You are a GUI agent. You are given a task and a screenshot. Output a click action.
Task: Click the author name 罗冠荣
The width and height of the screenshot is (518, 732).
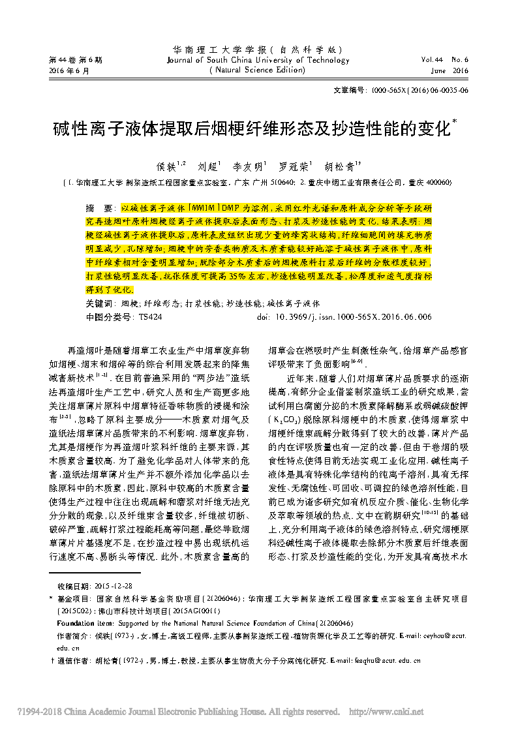pyautogui.click(x=293, y=167)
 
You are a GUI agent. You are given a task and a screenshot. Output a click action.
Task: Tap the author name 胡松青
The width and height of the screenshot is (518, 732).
pyautogui.click(x=337, y=167)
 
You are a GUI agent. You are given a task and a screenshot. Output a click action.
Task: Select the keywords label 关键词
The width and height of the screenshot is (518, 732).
pyautogui.click(x=99, y=304)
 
